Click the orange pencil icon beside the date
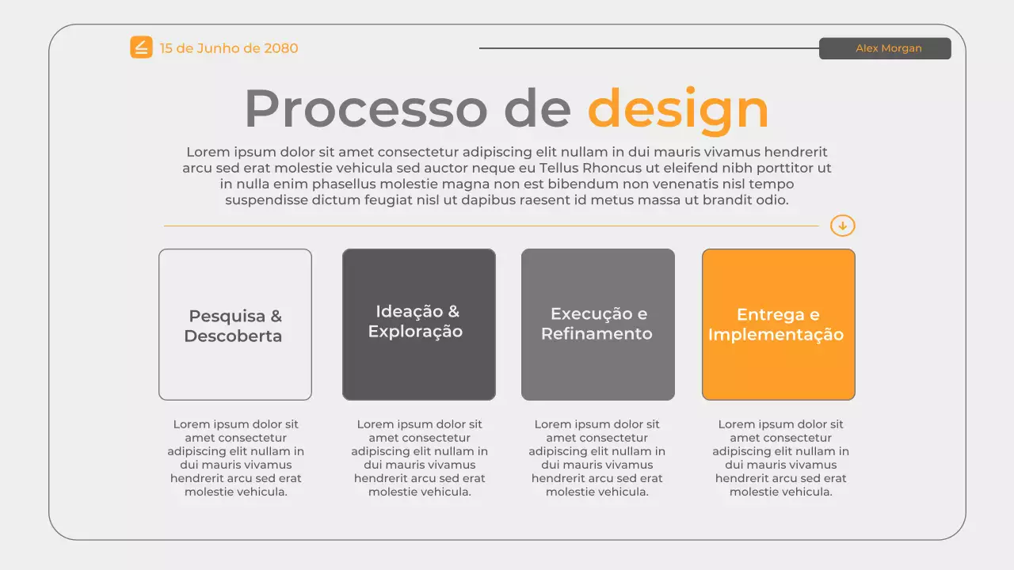click(141, 47)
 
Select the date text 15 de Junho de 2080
click(229, 48)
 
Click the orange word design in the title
click(678, 108)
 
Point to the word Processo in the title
click(365, 108)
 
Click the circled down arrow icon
click(842, 226)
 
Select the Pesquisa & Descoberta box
click(235, 325)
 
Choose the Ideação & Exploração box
click(419, 325)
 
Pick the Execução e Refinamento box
click(598, 325)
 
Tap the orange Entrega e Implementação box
click(779, 325)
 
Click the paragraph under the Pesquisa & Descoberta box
click(236, 458)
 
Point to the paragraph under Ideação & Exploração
click(420, 458)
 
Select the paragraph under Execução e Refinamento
click(597, 458)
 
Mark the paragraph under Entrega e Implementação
click(781, 458)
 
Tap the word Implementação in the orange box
click(776, 335)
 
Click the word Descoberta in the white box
click(233, 336)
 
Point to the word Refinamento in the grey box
click(597, 334)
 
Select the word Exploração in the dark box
click(415, 332)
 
